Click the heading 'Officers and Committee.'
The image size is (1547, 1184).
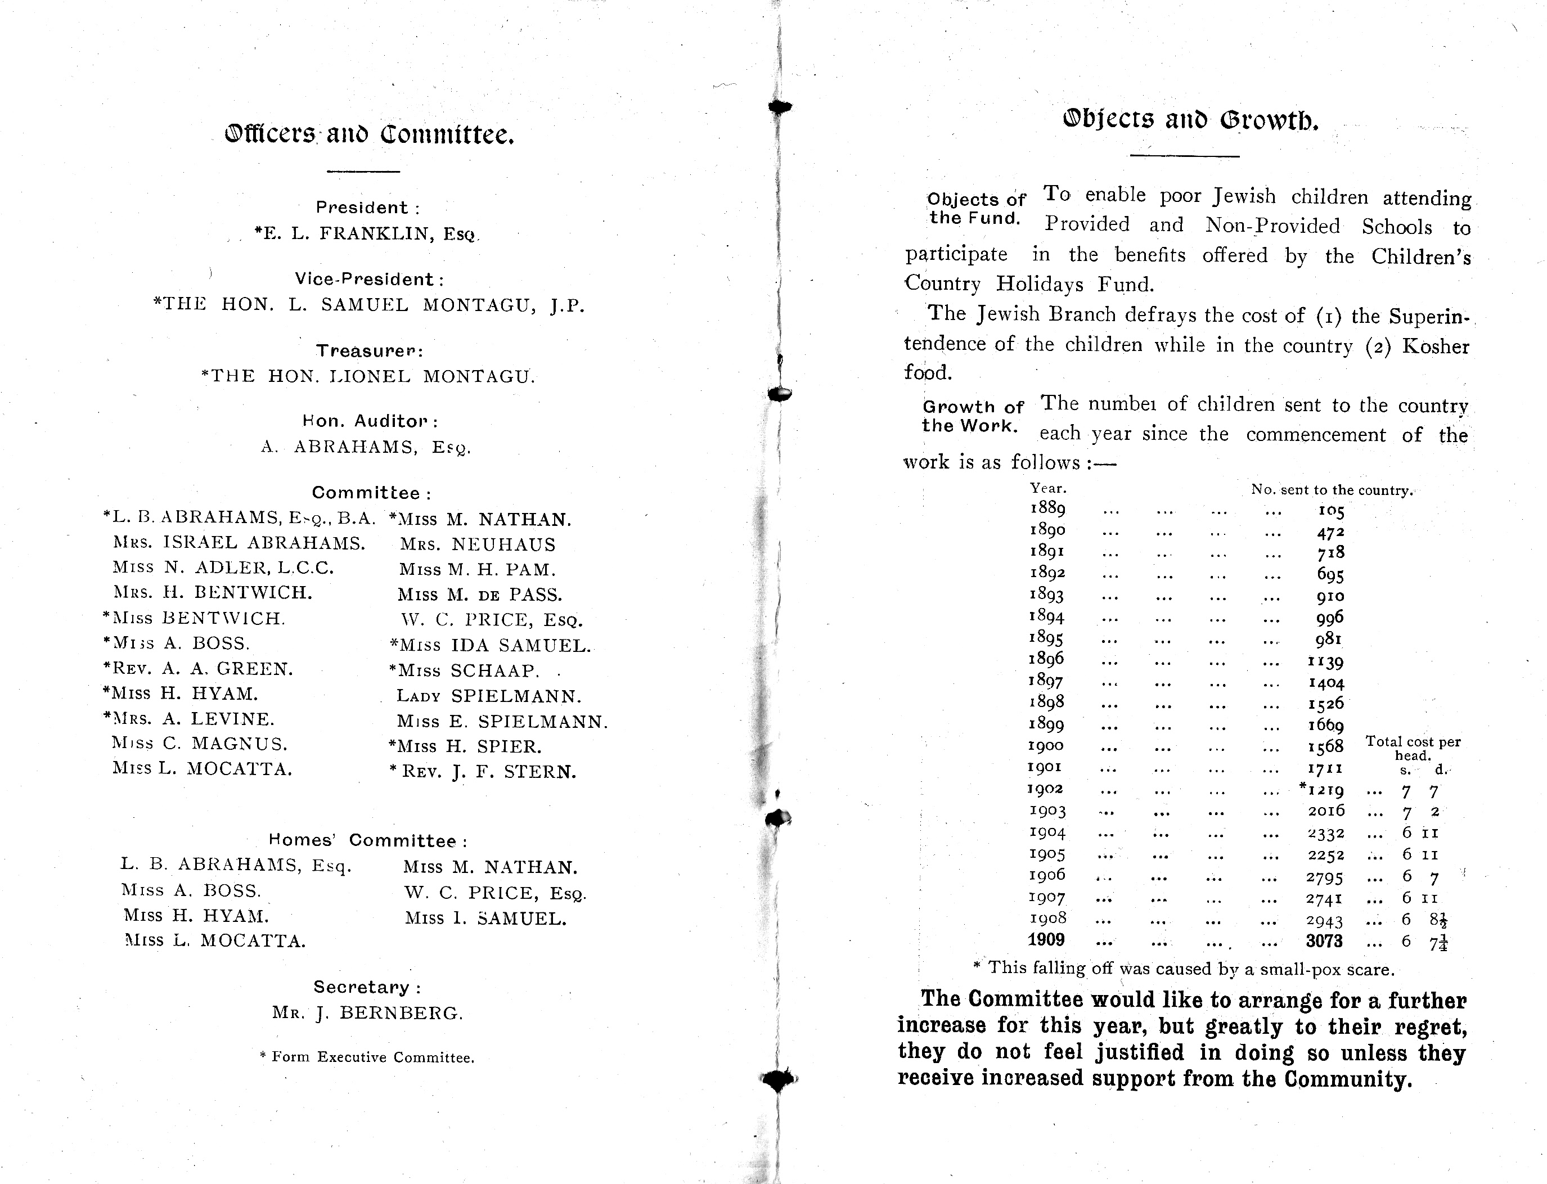[x=369, y=134]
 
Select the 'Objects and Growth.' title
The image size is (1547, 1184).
[x=1190, y=120]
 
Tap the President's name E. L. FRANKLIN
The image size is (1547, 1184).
[x=366, y=234]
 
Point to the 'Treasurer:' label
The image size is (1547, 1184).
[x=369, y=350]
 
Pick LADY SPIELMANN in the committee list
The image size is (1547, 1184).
[x=489, y=696]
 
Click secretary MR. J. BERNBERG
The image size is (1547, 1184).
[x=368, y=1014]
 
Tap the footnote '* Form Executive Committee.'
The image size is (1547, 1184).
[x=367, y=1057]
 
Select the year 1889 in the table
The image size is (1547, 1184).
[x=1047, y=508]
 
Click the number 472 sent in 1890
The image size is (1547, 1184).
[x=1330, y=532]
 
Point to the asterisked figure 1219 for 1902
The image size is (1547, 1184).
[x=1323, y=790]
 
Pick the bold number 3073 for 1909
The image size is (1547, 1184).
[x=1324, y=941]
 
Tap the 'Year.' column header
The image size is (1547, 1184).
[x=1048, y=488]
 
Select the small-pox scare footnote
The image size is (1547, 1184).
[x=1184, y=969]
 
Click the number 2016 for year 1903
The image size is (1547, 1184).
[x=1326, y=811]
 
